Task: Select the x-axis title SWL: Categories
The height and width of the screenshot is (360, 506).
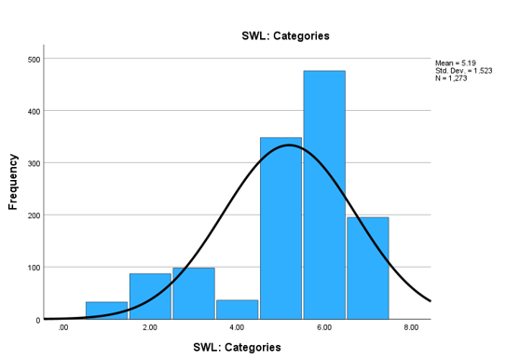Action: tap(237, 347)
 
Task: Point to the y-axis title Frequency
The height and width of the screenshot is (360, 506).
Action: tap(14, 181)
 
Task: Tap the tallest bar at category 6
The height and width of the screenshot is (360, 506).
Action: tap(324, 195)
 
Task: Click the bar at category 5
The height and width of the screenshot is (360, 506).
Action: tap(280, 228)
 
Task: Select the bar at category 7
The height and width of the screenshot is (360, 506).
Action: tap(367, 269)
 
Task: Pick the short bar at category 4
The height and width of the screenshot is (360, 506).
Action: tap(237, 310)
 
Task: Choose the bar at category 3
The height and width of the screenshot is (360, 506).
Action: tap(193, 294)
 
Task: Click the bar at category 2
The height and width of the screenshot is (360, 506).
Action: tap(150, 297)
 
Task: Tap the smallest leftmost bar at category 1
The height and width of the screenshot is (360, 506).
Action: tap(106, 311)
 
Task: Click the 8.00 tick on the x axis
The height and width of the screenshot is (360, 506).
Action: tap(411, 328)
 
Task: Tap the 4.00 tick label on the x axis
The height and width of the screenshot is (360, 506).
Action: tap(237, 328)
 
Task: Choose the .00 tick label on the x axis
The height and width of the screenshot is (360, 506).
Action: tap(62, 328)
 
